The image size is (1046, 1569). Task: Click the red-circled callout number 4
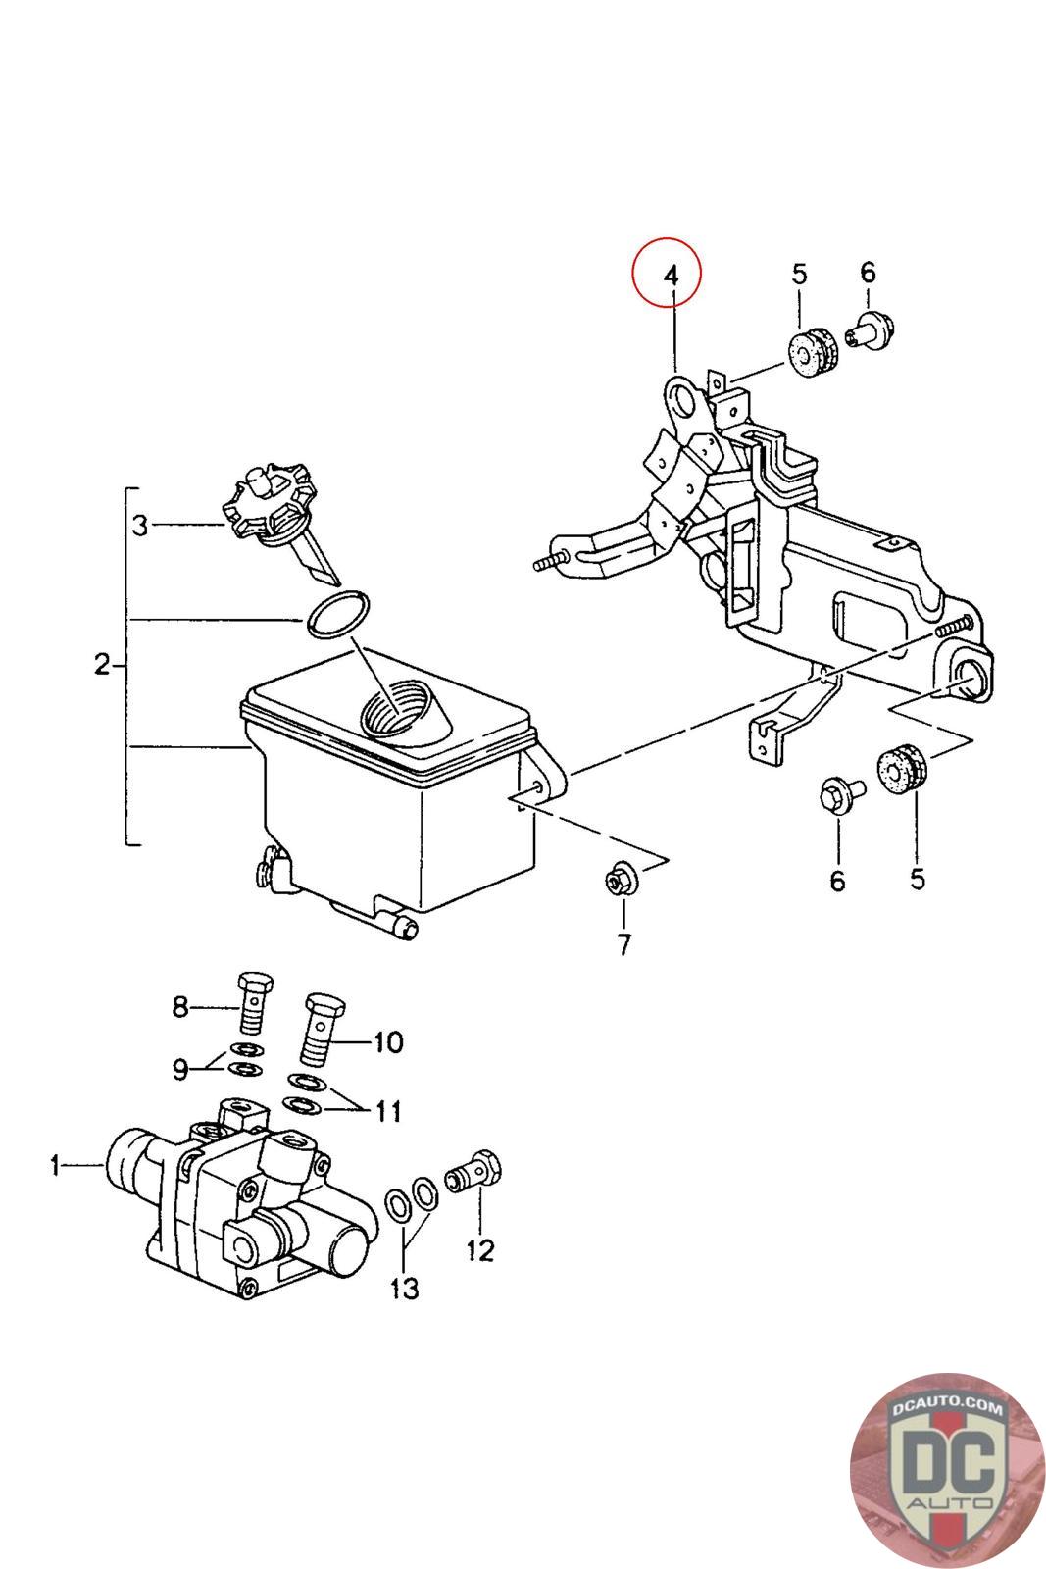point(671,275)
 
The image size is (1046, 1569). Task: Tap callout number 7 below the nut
point(623,945)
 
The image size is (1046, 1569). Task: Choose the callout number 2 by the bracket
point(102,664)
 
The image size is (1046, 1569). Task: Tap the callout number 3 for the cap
point(141,526)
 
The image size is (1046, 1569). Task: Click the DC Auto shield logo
point(948,1471)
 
